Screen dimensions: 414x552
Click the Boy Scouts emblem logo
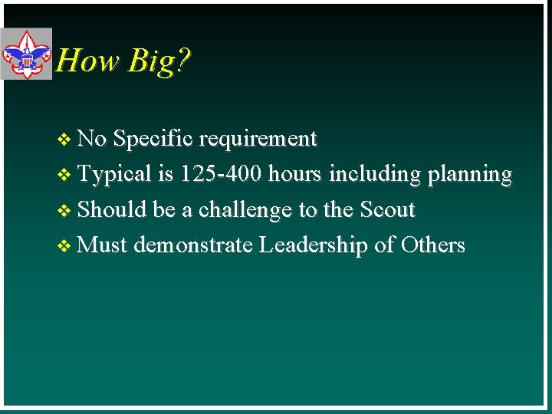coord(26,54)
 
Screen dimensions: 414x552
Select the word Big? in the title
coord(159,61)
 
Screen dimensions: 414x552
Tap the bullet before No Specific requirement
coord(64,140)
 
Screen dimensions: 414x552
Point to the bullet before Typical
coord(64,175)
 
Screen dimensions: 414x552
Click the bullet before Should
coord(64,211)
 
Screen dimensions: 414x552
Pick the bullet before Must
coord(64,246)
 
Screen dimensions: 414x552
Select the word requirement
coord(258,139)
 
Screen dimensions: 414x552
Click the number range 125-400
coord(223,174)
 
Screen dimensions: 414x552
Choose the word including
coord(375,175)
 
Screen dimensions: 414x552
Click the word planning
coord(469,175)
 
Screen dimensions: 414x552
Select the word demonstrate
coord(192,245)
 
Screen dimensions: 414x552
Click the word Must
coord(103,245)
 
